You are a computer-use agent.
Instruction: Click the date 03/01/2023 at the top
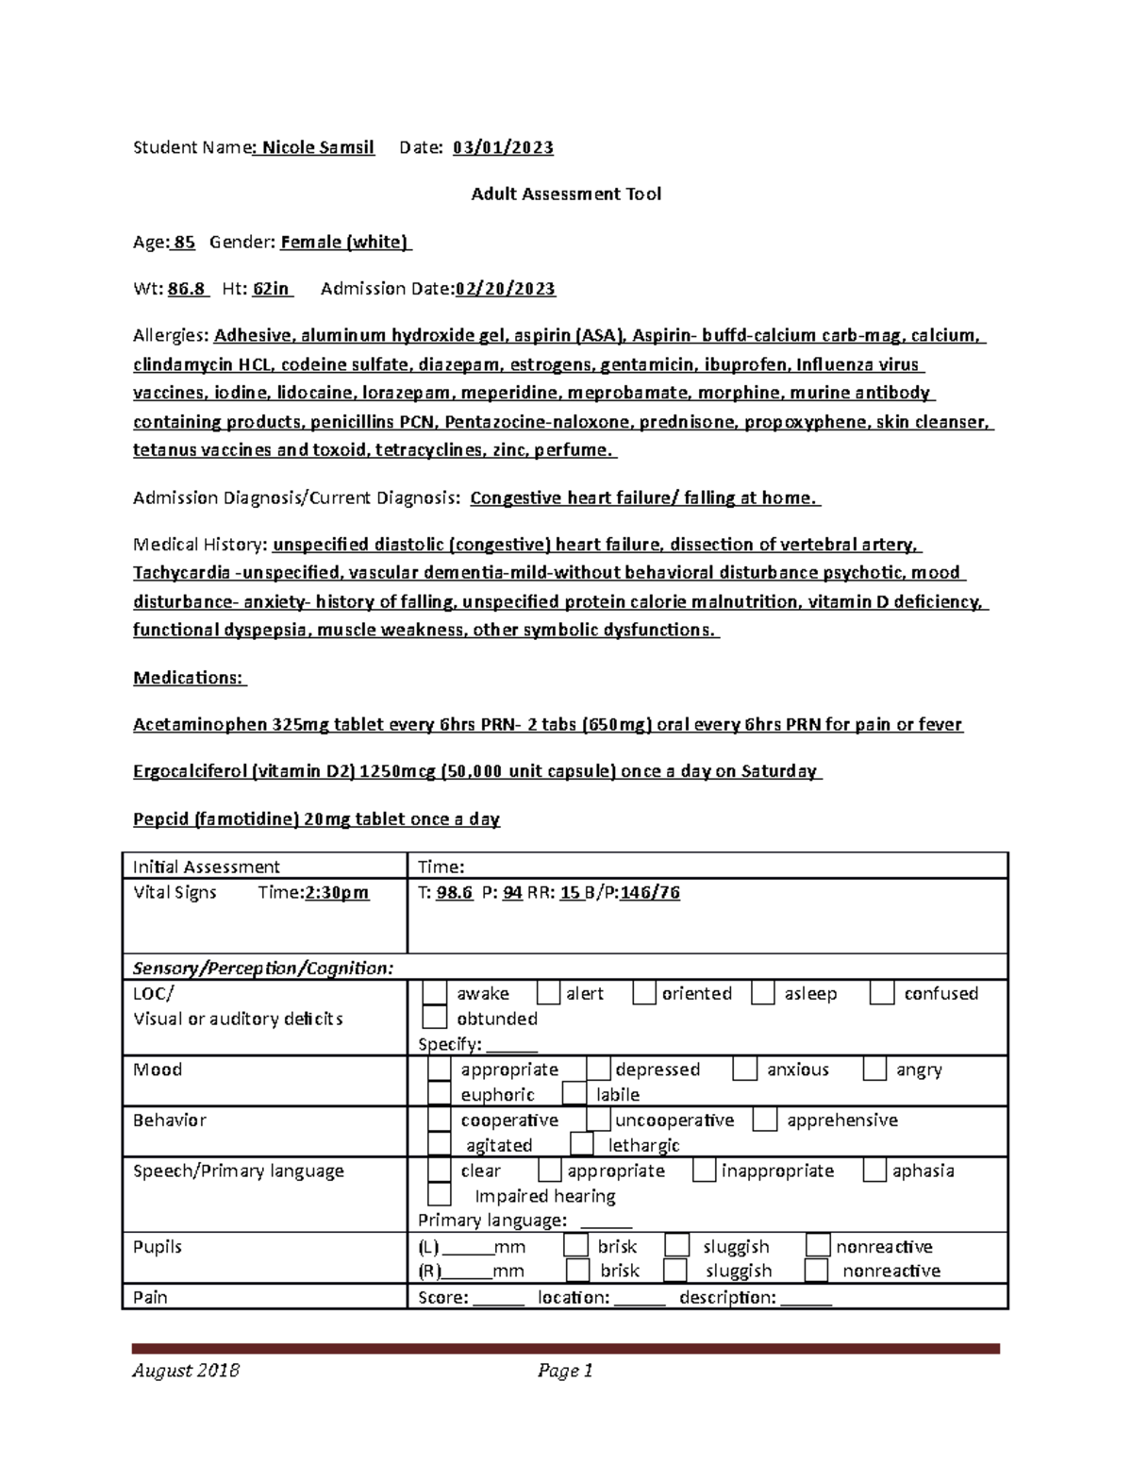[x=503, y=147]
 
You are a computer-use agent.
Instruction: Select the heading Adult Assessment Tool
[x=566, y=194]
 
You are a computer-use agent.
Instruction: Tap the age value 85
[x=184, y=242]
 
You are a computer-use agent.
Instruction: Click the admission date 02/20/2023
[x=506, y=289]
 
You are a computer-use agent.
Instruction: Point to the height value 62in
[x=272, y=289]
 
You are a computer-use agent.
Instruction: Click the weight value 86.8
[x=187, y=289]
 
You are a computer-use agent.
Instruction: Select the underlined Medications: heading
[x=189, y=678]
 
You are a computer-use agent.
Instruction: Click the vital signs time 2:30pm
[x=337, y=892]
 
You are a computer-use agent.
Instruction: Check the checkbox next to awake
[x=434, y=993]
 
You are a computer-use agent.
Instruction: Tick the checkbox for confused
[x=882, y=993]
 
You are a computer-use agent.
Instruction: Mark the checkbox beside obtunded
[x=434, y=1018]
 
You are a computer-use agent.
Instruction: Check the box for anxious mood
[x=745, y=1069]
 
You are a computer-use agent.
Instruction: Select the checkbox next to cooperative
[x=439, y=1120]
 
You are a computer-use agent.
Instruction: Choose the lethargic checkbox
[x=582, y=1144]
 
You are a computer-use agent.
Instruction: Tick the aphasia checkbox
[x=875, y=1171]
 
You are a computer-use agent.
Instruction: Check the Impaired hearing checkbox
[x=439, y=1195]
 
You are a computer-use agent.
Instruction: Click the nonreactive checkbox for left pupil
[x=818, y=1246]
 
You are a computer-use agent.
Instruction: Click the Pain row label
[x=150, y=1297]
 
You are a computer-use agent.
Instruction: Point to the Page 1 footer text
[x=565, y=1371]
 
